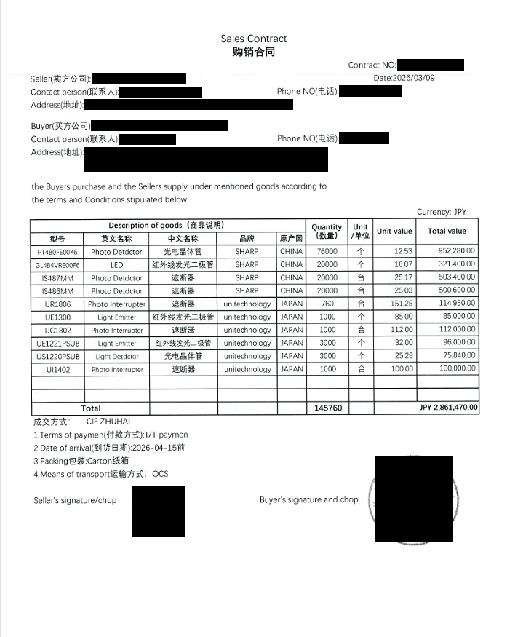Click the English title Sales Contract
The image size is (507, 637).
coord(253,39)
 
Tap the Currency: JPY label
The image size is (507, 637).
coord(442,212)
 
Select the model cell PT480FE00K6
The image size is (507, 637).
coord(57,252)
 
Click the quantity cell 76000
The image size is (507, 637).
coord(326,252)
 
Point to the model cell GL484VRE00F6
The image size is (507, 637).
coord(57,265)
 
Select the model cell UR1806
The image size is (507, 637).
coord(57,304)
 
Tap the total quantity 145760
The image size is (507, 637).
coord(326,408)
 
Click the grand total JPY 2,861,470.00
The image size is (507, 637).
coord(448,408)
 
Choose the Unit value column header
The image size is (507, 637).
coord(394,232)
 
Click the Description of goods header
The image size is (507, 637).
coord(167,225)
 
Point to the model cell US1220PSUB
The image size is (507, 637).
coord(57,357)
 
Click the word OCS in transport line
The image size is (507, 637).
coord(160,474)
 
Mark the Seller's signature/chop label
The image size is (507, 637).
coord(75,500)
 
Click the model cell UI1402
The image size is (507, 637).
coord(57,370)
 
